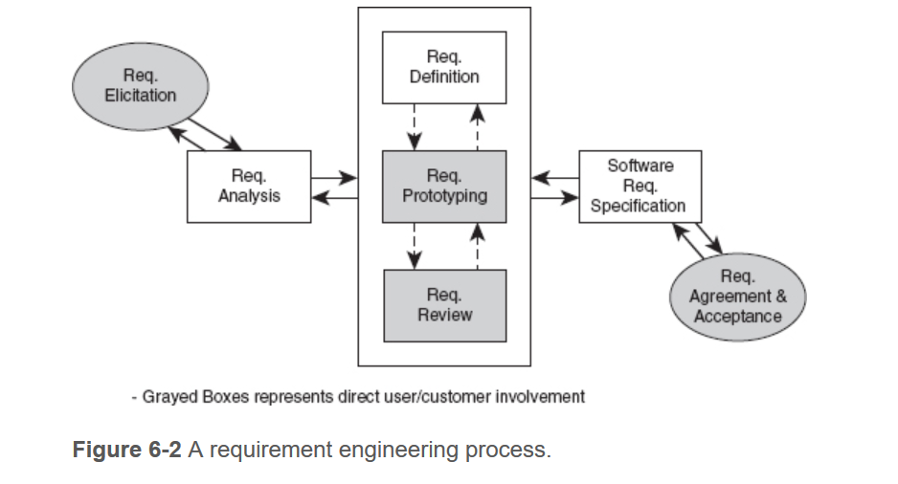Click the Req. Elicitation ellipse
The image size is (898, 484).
pyautogui.click(x=141, y=86)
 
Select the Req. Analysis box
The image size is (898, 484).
pyautogui.click(x=249, y=187)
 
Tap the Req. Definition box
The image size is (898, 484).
pyautogui.click(x=444, y=67)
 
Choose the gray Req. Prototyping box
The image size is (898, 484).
pyautogui.click(x=444, y=187)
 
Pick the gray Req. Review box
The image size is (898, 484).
pyautogui.click(x=444, y=305)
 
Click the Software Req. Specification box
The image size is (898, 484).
pyautogui.click(x=639, y=187)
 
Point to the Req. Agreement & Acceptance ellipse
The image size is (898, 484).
pyautogui.click(x=737, y=297)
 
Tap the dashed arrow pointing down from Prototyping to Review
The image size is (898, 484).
pyautogui.click(x=414, y=246)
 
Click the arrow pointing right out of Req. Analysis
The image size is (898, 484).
pyautogui.click(x=334, y=177)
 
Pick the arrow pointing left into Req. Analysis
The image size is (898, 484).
pyautogui.click(x=334, y=198)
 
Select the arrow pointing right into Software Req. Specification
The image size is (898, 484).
pyautogui.click(x=555, y=198)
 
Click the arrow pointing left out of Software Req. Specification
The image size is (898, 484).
pyautogui.click(x=555, y=177)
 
